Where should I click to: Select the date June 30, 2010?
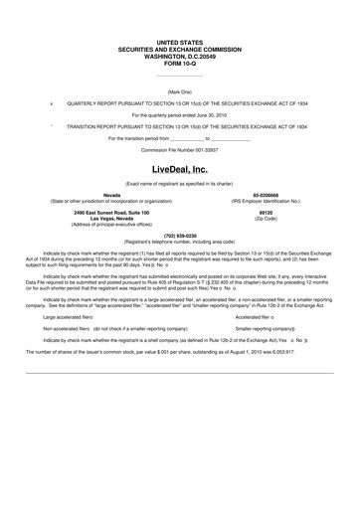click(211, 114)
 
